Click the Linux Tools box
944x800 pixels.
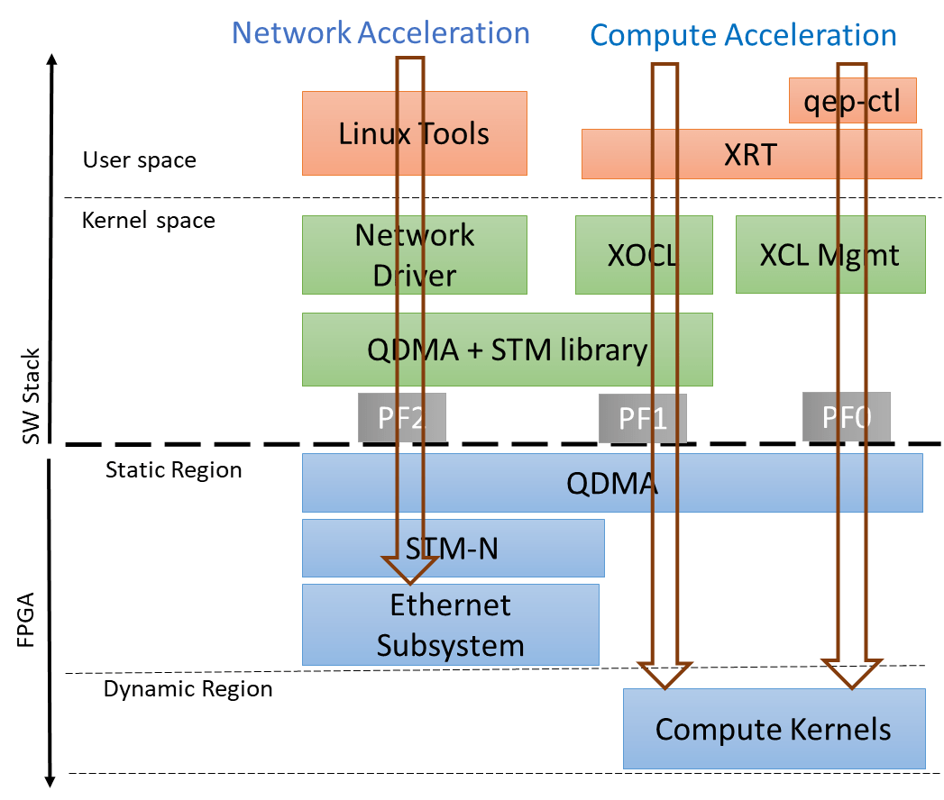pos(414,133)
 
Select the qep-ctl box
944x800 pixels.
pos(853,101)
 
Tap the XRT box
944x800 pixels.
pos(751,154)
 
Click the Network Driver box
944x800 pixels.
pos(414,255)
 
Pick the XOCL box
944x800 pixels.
pos(643,255)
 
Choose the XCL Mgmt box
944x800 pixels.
pos(829,255)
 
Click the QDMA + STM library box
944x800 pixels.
pos(507,350)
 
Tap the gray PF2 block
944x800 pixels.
pos(402,417)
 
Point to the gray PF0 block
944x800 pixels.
pos(846,417)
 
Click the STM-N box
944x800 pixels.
pos(453,548)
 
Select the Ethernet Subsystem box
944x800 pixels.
pos(450,624)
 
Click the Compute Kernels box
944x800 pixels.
pos(774,729)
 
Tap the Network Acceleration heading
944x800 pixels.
pos(380,32)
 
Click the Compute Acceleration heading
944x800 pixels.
pos(743,34)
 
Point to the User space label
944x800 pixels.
pos(140,160)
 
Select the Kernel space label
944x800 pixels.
pos(149,220)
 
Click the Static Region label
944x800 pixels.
pos(173,469)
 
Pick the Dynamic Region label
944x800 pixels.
pos(188,689)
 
